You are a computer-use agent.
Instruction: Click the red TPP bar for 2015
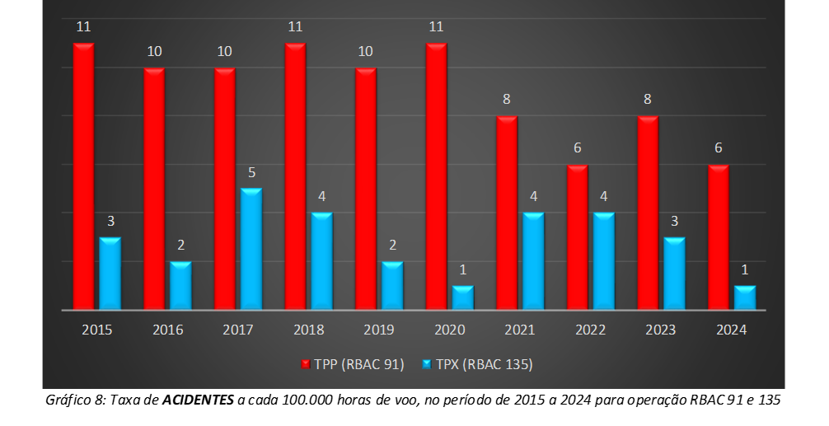[x=83, y=176]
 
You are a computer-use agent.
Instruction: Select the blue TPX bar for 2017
[x=251, y=249]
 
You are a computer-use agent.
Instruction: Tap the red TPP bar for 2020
[x=436, y=176]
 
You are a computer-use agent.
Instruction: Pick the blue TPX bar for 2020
[x=463, y=297]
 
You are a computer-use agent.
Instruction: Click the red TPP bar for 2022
[x=577, y=237]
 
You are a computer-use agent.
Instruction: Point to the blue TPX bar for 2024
[x=745, y=297]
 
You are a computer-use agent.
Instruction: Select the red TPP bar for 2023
[x=648, y=213]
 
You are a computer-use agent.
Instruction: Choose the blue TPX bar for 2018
[x=322, y=261]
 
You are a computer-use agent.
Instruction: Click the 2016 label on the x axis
[x=167, y=330]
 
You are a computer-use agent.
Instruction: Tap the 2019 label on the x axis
[x=379, y=330]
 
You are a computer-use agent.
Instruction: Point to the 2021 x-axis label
[x=520, y=330]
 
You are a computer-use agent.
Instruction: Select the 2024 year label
[x=732, y=330]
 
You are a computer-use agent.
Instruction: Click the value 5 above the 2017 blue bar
[x=252, y=173]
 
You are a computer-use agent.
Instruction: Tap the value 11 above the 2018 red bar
[x=295, y=27]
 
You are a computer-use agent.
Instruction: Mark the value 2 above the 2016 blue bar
[x=181, y=246]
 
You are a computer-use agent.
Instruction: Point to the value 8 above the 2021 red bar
[x=507, y=100]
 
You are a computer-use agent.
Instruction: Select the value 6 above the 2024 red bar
[x=719, y=148]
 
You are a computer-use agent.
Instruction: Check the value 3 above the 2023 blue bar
[x=675, y=222]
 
